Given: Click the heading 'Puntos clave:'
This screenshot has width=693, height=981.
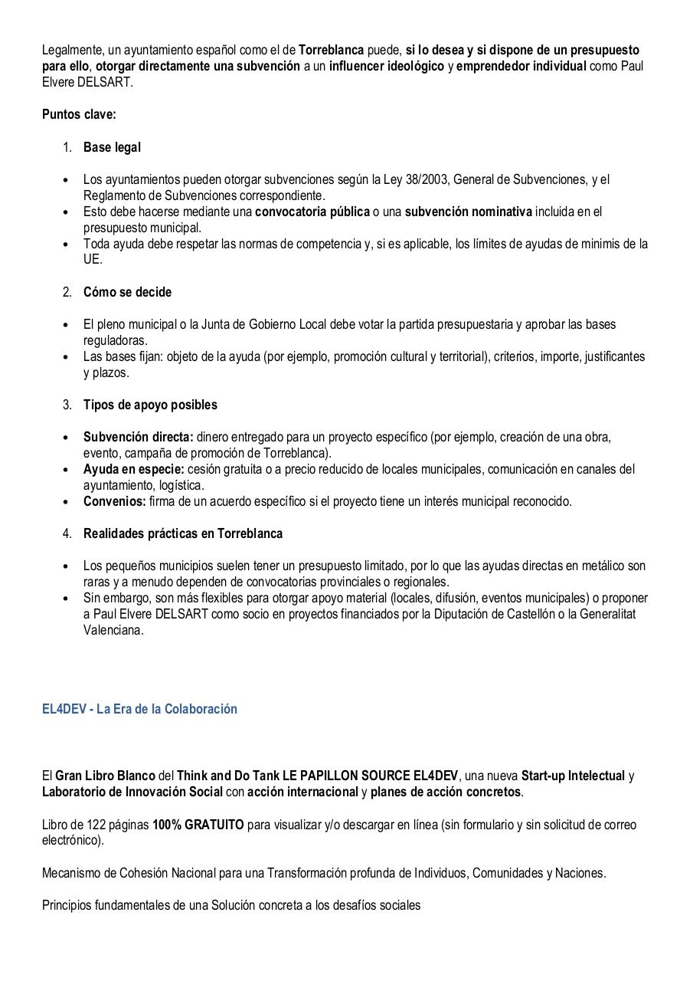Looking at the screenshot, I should point(79,115).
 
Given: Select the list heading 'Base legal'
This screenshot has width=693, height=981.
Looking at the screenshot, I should point(112,147).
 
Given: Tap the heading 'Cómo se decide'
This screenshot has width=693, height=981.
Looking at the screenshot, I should point(127,292).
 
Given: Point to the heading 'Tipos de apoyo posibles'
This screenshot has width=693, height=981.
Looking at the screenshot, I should point(150,405).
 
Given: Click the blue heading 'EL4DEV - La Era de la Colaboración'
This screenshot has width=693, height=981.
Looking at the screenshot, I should point(139,709).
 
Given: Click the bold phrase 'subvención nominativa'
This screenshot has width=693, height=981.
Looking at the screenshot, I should point(468,212).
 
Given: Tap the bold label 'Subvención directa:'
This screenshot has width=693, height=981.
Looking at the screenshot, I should point(138,437).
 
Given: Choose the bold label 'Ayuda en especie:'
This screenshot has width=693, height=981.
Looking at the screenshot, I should point(133,469).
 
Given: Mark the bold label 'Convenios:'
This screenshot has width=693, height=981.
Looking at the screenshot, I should point(115,501).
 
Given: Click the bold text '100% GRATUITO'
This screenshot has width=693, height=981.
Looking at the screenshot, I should point(198,825).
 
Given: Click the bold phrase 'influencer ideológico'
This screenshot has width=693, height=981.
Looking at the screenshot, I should point(386,66).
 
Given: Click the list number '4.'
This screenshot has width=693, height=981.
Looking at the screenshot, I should point(67,533).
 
